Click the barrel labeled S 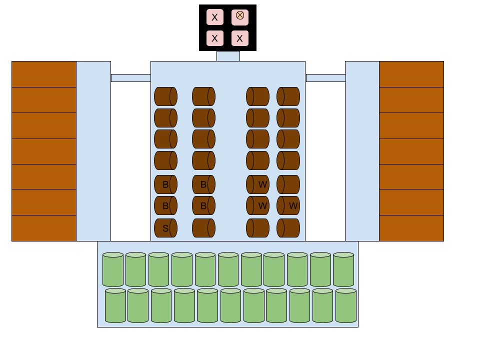point(165,228)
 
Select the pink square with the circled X point(240,16)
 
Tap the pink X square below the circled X point(240,38)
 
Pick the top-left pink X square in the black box point(215,17)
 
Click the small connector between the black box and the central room point(228,56)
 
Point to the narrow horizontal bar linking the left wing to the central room point(130,78)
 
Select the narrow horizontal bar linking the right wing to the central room point(325,78)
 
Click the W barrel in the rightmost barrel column point(288,205)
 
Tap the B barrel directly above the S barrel point(165,205)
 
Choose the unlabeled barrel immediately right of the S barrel point(203,228)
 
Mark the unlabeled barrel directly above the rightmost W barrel point(288,184)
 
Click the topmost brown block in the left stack point(44,74)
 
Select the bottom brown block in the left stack point(44,228)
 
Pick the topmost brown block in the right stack point(411,74)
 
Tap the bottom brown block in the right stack point(411,228)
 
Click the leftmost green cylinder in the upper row point(113,269)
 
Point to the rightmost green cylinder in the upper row point(343,269)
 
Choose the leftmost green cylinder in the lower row point(115,305)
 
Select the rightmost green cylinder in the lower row point(346,305)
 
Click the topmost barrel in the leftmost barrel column point(165,96)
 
